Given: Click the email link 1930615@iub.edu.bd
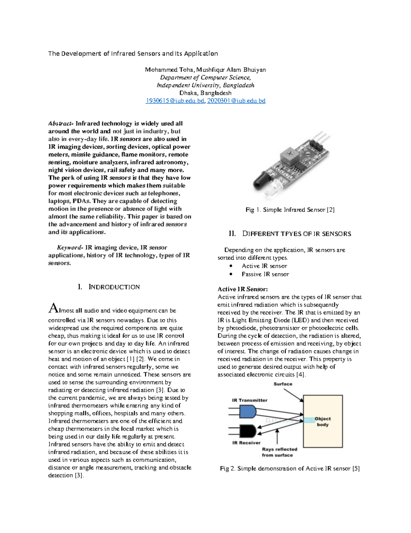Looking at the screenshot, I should [175, 101].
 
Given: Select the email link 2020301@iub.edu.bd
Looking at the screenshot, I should [236, 101].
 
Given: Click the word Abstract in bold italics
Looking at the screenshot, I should [61, 124].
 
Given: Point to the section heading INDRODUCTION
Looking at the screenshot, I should [114, 287].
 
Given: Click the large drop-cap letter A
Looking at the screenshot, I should [54, 308].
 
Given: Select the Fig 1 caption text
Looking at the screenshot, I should [290, 210].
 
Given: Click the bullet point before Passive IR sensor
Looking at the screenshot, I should [231, 274].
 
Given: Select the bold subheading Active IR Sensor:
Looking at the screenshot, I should [242, 289].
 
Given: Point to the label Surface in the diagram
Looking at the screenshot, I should [283, 384].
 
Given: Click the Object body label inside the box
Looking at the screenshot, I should [323, 421].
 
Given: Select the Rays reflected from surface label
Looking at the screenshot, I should [279, 452].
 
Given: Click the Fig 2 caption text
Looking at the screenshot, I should [290, 468].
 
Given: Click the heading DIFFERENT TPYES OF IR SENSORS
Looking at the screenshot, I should [297, 234].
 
